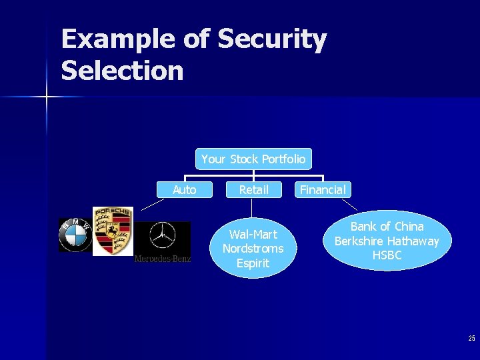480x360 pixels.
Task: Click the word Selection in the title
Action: point(122,70)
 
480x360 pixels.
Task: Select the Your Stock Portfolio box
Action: point(253,159)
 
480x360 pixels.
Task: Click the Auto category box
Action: point(185,190)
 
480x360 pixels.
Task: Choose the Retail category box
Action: point(254,190)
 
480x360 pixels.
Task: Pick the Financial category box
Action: point(323,190)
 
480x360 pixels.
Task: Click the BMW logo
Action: point(75,235)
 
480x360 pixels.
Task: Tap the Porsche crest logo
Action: point(112,231)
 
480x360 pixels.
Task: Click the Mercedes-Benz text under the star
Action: point(163,259)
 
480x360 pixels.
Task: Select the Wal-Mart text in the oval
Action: point(253,234)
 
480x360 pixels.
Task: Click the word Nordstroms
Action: point(253,249)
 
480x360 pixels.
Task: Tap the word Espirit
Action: point(253,263)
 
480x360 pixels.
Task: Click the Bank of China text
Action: point(387,227)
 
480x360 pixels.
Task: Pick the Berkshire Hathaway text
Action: point(387,241)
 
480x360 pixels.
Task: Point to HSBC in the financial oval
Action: point(387,255)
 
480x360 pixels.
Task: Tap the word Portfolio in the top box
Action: point(283,159)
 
